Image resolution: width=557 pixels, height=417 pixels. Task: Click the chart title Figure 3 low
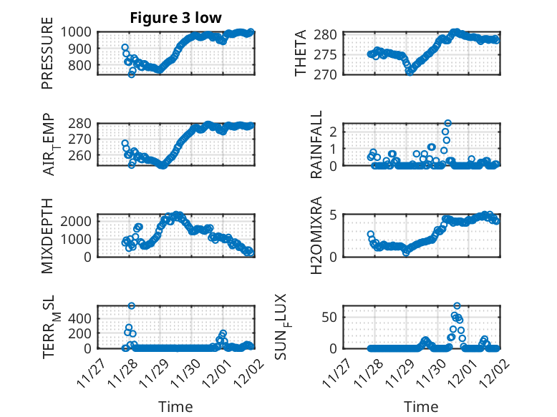175,18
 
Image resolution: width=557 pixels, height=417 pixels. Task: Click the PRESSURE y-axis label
48,58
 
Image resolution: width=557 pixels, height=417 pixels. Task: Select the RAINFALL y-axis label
316,144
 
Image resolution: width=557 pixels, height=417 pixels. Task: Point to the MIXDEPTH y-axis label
48,235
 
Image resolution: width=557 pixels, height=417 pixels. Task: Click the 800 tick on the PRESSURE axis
80,65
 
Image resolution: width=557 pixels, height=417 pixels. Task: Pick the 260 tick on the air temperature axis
80,155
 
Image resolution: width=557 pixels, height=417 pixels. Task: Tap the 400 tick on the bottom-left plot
80,317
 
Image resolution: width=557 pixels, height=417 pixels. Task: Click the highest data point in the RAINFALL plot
448,123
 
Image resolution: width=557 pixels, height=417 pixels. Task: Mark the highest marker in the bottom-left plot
132,305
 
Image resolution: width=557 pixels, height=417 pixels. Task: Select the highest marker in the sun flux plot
457,305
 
